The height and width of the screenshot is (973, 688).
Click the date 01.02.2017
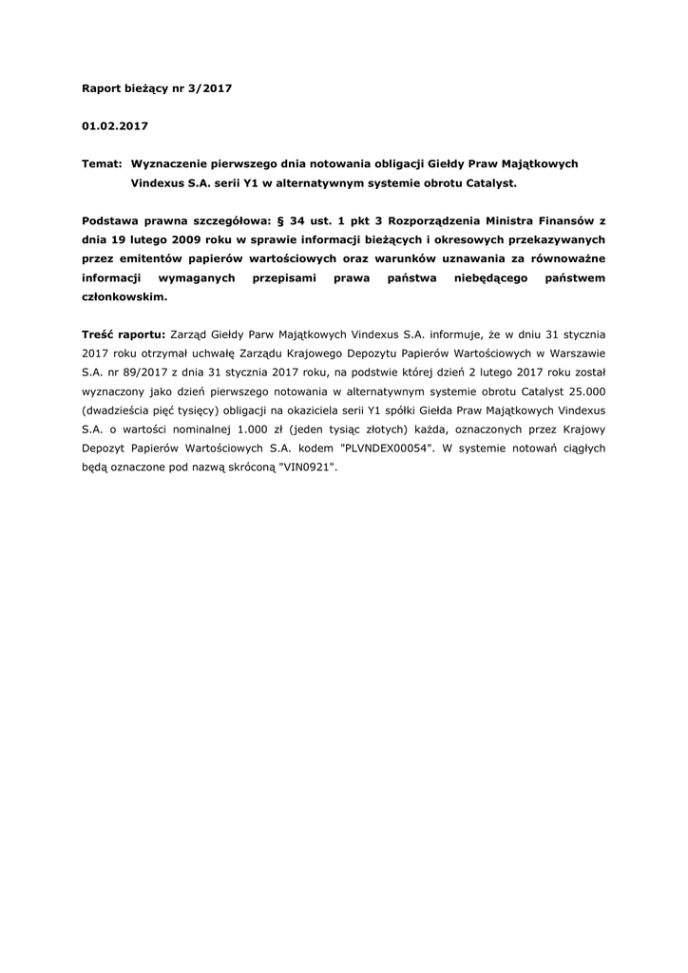[x=115, y=125]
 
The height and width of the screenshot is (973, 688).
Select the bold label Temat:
[x=103, y=163]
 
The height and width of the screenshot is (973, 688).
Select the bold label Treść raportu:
[x=124, y=334]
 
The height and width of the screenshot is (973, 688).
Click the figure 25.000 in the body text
[x=583, y=391]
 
